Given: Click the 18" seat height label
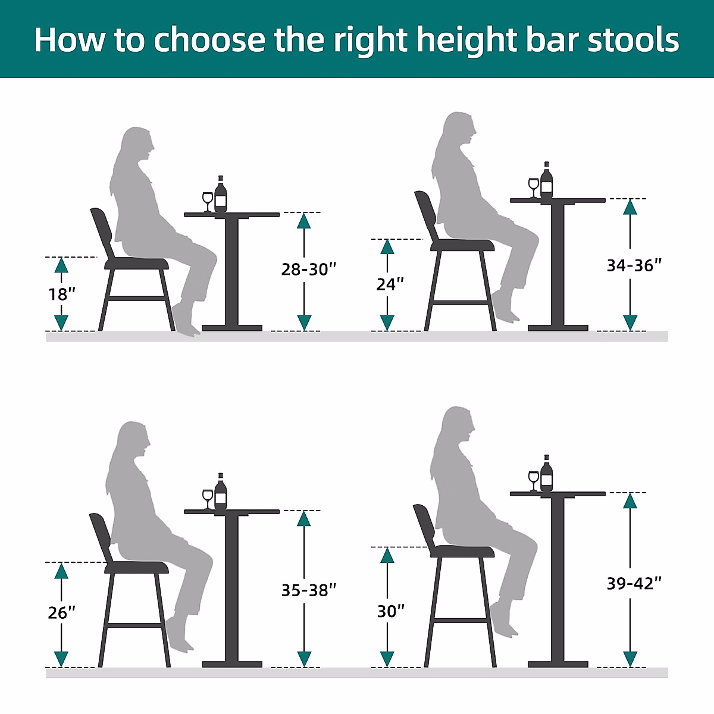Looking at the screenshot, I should [61, 294].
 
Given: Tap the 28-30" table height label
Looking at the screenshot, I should [309, 270].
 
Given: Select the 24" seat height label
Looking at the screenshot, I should [390, 284].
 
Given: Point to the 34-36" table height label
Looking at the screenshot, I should [634, 266].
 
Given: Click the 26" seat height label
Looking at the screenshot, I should [61, 612].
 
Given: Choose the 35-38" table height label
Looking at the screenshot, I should [309, 590].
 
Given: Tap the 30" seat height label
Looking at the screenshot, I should [391, 611].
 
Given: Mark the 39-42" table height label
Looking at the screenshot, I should [634, 584].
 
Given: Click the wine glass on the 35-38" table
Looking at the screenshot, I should [207, 498].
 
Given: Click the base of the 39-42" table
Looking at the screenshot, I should [558, 663].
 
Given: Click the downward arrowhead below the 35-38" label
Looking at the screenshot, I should [304, 659].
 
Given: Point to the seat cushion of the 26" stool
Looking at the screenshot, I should [136, 568].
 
